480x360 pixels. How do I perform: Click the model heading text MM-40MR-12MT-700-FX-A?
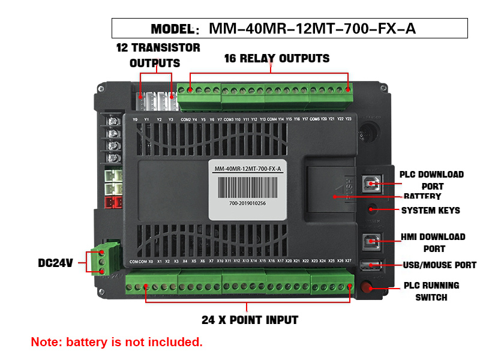pos(312,28)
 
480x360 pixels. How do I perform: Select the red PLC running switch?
pos(367,287)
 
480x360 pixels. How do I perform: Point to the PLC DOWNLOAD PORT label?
pos(432,180)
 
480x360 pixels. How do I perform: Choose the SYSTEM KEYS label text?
pos(430,210)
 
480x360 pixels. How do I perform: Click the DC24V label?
pos(55,263)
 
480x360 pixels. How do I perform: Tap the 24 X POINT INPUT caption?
pos(250,320)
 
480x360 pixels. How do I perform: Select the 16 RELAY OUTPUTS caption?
pos(277,58)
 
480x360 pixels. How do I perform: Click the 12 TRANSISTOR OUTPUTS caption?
pos(158,55)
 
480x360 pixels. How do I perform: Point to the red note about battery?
pos(117,343)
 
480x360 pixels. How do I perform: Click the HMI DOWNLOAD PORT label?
pos(433,242)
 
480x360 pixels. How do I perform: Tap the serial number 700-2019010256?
pos(247,203)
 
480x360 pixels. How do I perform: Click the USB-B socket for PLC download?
pos(370,185)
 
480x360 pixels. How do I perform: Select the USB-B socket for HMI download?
pos(370,241)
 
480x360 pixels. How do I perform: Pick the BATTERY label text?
pos(422,196)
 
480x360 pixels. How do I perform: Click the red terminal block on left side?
pos(113,202)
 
